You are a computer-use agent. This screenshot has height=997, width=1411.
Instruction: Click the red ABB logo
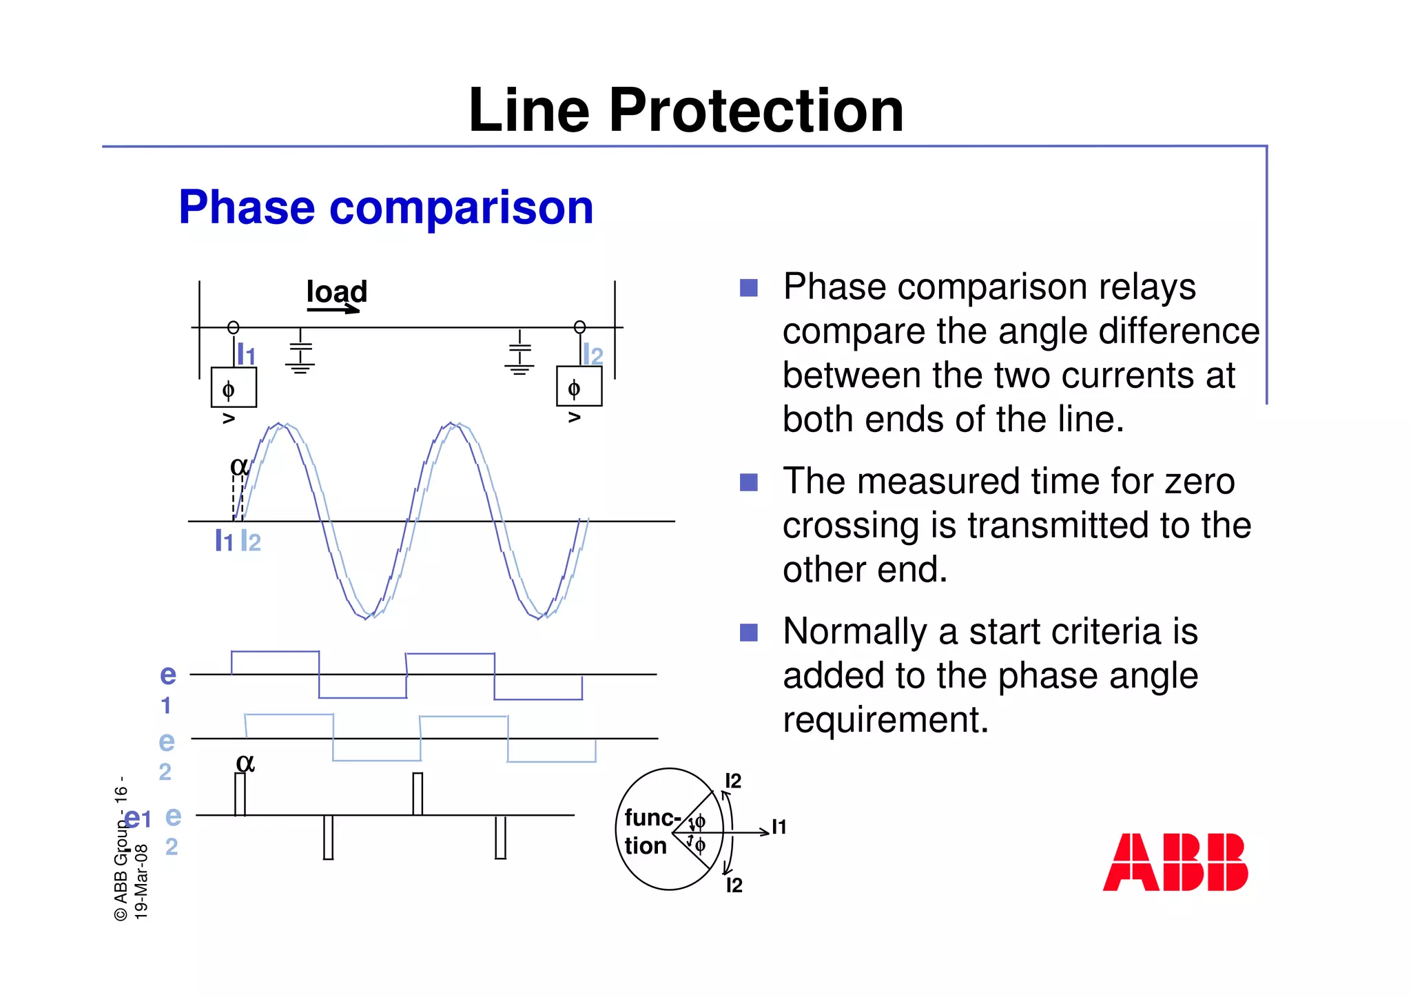click(1175, 862)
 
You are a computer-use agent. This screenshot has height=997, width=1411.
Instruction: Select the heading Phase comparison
click(386, 207)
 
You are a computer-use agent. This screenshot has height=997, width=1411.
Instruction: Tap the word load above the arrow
click(336, 291)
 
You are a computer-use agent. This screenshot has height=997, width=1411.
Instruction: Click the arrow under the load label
click(333, 310)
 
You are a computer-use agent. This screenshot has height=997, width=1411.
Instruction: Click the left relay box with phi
click(234, 388)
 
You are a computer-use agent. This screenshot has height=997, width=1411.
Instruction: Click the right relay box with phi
click(579, 387)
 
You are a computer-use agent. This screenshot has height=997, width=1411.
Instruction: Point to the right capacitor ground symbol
click(519, 354)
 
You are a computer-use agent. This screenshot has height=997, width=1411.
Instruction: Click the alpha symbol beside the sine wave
click(238, 466)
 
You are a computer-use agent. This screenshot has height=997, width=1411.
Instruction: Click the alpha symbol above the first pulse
click(245, 763)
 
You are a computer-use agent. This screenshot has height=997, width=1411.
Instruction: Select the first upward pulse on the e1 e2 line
click(240, 794)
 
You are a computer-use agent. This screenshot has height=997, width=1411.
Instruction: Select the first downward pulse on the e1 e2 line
click(328, 837)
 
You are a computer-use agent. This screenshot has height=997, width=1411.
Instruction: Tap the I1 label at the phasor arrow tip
click(779, 827)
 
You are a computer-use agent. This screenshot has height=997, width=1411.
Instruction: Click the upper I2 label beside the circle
click(733, 781)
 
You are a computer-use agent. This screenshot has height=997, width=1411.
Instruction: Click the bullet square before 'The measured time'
click(748, 482)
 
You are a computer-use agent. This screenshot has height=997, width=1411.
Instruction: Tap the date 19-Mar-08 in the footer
click(141, 882)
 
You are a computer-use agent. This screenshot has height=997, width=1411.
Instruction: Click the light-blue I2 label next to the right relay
click(593, 355)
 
